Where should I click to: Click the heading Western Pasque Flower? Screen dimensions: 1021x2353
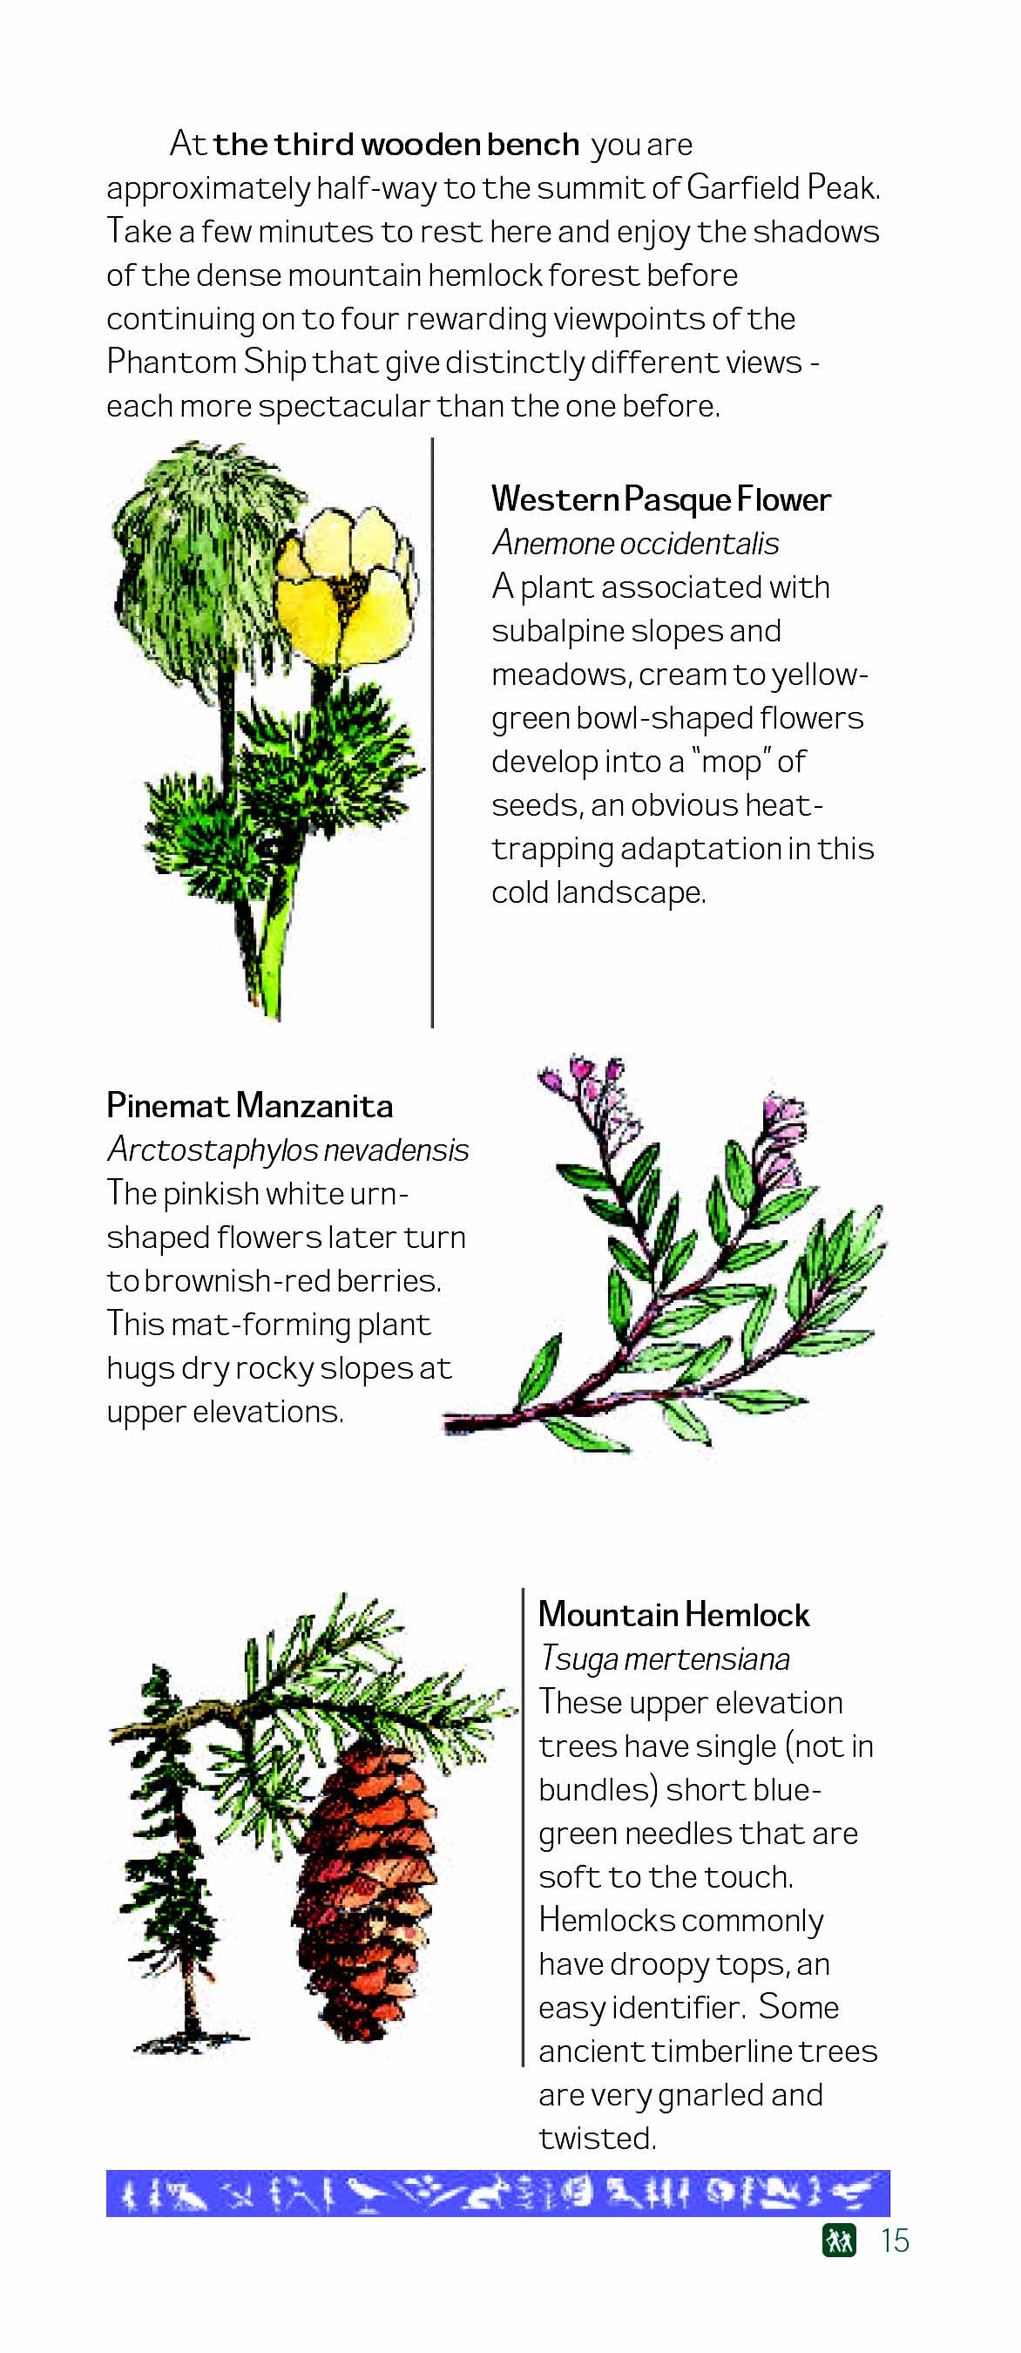pyautogui.click(x=660, y=499)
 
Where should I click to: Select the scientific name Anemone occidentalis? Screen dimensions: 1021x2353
pyautogui.click(x=635, y=544)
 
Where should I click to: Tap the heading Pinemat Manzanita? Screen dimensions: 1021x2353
pyautogui.click(x=249, y=1106)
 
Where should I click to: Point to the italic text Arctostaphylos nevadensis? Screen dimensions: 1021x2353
pyautogui.click(x=287, y=1150)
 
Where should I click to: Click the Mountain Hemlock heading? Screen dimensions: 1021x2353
pyautogui.click(x=673, y=1615)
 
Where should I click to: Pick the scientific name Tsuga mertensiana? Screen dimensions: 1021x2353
pyautogui.click(x=664, y=1658)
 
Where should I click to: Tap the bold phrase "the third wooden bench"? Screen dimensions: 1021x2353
pyautogui.click(x=396, y=145)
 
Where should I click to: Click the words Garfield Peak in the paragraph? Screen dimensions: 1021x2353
pyautogui.click(x=782, y=187)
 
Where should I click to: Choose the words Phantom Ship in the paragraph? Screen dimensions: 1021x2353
pyautogui.click(x=206, y=363)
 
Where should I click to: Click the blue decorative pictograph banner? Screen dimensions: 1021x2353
pyautogui.click(x=497, y=2194)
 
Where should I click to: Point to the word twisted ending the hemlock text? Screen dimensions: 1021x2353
pyautogui.click(x=598, y=2139)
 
